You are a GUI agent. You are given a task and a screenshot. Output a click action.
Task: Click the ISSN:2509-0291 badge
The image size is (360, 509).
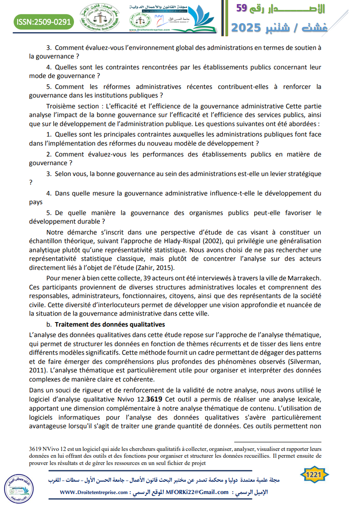pos(44,21)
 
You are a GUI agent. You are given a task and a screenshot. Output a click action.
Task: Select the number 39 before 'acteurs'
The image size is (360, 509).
pos(147,278)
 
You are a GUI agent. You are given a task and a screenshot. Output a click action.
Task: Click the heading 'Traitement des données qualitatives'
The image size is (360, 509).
pos(109,324)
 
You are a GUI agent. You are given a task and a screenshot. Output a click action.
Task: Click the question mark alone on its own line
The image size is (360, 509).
pos(30,182)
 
